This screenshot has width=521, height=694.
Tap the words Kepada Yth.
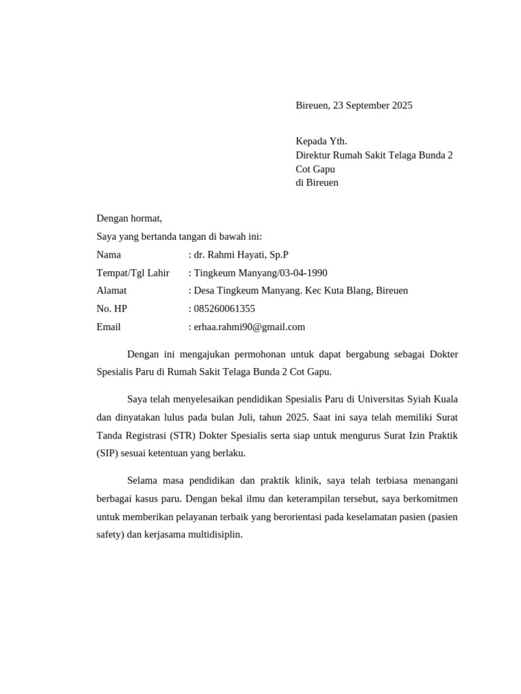(x=321, y=141)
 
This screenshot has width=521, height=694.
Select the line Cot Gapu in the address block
(x=315, y=169)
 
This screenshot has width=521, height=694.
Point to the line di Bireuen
(x=317, y=182)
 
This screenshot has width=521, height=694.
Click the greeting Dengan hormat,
(x=130, y=218)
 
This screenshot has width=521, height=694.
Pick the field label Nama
(x=109, y=255)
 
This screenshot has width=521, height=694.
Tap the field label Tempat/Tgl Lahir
(x=133, y=272)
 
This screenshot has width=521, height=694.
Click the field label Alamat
(x=111, y=291)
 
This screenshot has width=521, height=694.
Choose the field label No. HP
(x=112, y=308)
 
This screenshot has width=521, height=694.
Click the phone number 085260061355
(x=225, y=308)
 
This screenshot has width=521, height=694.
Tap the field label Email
(x=109, y=327)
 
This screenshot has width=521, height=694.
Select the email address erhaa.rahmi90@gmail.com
(x=250, y=327)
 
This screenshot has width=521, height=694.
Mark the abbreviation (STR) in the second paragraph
(x=176, y=435)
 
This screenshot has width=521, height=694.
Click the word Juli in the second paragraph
(x=263, y=417)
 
